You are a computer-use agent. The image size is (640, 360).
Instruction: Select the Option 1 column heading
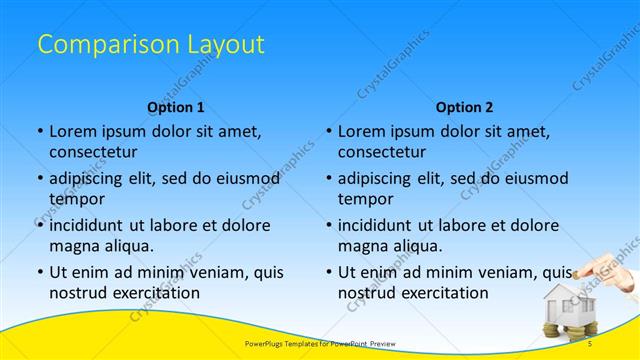click(176, 107)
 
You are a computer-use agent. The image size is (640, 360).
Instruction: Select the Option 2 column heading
click(465, 107)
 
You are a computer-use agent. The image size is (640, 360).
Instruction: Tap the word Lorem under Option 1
click(73, 131)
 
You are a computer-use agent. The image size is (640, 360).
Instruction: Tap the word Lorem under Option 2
click(362, 131)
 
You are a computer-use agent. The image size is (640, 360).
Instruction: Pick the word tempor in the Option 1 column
click(75, 199)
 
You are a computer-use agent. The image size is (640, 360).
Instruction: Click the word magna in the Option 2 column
click(361, 246)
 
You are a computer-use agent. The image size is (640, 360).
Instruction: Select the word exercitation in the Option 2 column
click(441, 293)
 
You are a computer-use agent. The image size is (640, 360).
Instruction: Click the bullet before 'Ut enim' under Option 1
click(39, 272)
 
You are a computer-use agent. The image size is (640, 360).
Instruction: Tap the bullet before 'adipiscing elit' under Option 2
click(328, 178)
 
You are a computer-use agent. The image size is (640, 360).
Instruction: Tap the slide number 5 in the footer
click(591, 343)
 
